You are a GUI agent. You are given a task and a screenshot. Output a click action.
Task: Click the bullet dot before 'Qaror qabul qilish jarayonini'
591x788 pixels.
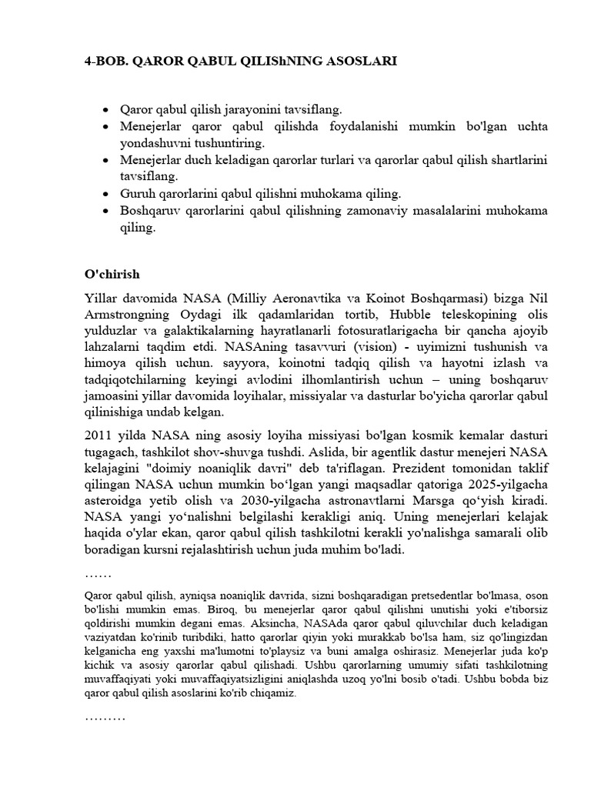[x=106, y=110]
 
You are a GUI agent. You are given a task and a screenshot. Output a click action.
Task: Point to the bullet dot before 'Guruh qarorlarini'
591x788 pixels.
[x=106, y=193]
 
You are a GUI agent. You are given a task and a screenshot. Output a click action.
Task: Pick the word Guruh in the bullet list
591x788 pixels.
[x=137, y=193]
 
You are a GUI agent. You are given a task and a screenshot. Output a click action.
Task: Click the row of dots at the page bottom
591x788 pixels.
[x=105, y=718]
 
